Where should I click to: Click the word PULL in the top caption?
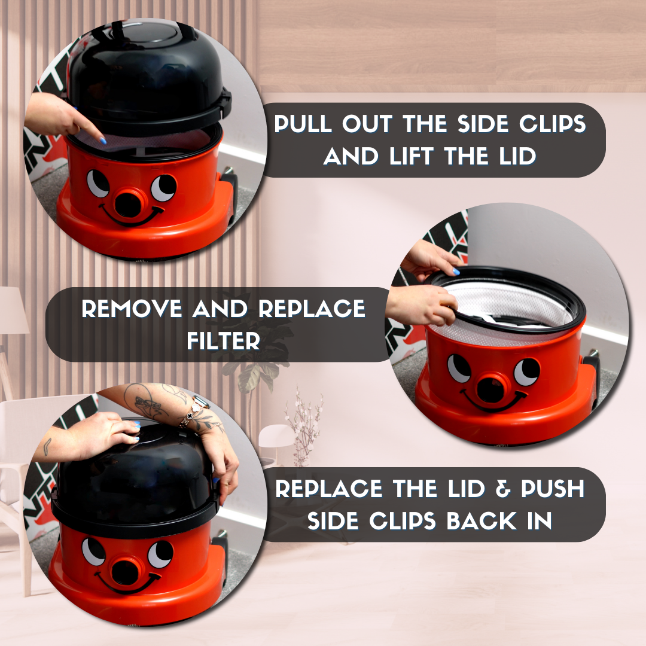(303, 124)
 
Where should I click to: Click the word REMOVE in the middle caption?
(132, 308)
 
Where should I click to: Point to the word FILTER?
(224, 341)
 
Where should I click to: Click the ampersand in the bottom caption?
(502, 489)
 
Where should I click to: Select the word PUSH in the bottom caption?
(553, 489)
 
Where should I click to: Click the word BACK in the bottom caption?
(481, 521)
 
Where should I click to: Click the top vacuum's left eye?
(98, 182)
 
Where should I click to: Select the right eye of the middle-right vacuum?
(526, 372)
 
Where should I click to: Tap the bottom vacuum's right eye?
(160, 554)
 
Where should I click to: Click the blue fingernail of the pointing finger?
(103, 141)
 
